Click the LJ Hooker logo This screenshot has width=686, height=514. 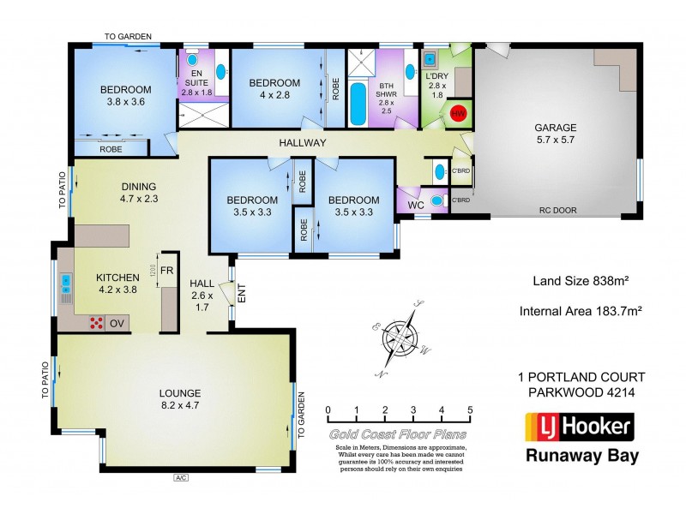coord(579,426)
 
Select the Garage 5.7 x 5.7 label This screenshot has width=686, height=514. coord(556,135)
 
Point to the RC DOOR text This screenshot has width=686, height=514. coord(557,210)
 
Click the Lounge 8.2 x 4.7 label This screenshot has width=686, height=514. coord(180,400)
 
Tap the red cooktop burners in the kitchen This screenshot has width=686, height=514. coord(94,323)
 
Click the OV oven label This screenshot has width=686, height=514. coord(117,324)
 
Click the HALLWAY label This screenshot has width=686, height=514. coord(302,143)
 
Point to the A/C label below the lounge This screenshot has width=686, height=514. coord(180,477)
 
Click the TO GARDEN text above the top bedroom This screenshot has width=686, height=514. coord(128,37)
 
